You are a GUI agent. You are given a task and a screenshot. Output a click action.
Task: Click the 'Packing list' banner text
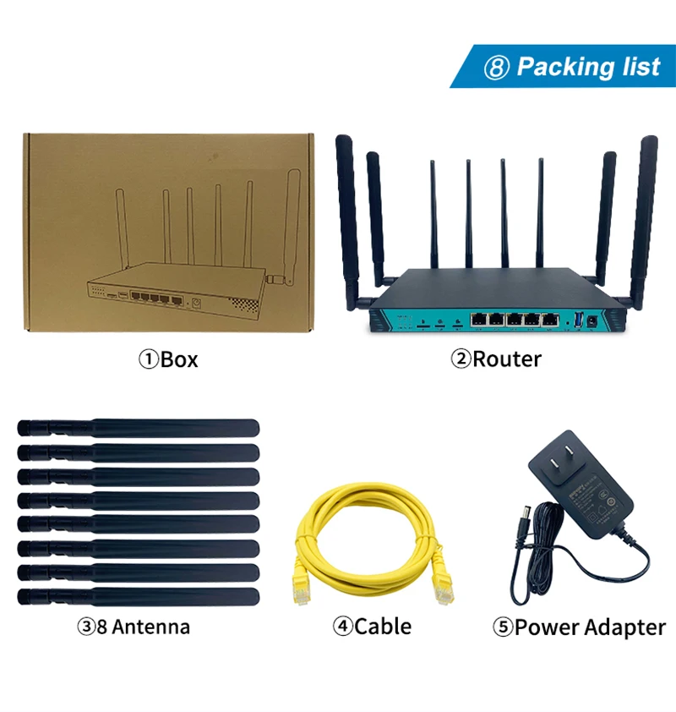point(588,67)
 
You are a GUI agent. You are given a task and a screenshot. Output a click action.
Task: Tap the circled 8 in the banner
point(496,68)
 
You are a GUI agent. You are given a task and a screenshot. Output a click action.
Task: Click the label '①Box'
point(168,359)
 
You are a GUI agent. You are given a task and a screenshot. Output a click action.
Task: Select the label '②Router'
point(495,359)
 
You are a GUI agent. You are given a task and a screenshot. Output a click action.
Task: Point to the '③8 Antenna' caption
point(134,627)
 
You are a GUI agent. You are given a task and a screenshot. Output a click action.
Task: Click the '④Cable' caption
point(372,627)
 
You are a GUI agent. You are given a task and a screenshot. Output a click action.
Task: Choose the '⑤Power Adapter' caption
point(579,627)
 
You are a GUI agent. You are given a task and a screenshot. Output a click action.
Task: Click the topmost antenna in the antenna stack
point(139,428)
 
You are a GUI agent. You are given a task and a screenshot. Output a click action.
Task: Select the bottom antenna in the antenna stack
point(139,595)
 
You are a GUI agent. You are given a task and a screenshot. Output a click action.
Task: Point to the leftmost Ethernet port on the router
point(478,320)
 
